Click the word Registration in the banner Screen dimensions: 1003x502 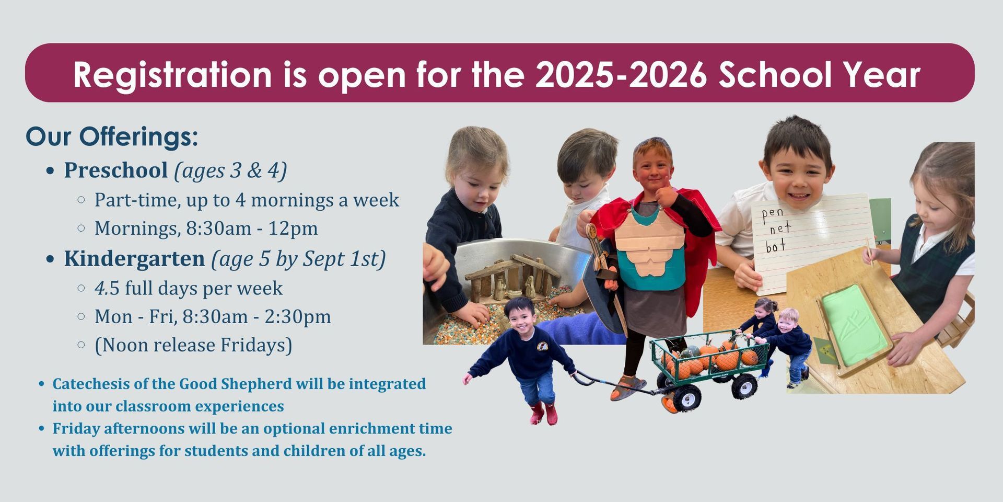point(172,75)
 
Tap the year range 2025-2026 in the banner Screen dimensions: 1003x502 point(621,74)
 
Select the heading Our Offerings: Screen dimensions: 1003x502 point(112,137)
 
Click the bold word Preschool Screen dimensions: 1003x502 point(116,170)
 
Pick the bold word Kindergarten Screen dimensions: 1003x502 point(134,259)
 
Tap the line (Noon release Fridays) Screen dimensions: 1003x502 point(193,345)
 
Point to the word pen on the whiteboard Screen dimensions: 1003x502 point(773,213)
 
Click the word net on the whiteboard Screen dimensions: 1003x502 point(780,228)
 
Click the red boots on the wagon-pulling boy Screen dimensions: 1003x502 point(543,414)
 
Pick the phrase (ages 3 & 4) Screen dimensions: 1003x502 point(230,170)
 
